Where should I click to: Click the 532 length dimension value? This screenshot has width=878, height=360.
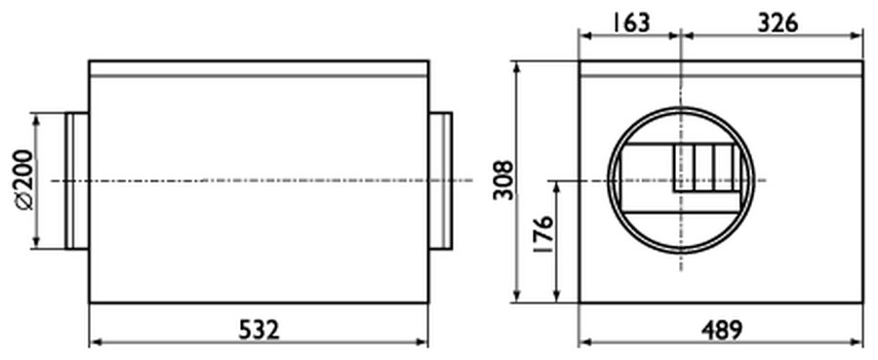[x=259, y=330]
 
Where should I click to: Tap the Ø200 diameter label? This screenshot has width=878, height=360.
[x=23, y=180]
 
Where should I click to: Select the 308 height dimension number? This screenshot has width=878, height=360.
[x=502, y=180]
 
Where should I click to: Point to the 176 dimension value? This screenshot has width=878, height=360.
[x=542, y=234]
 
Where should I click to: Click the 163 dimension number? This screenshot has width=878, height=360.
[x=630, y=23]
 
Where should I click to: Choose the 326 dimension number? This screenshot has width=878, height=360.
[x=778, y=23]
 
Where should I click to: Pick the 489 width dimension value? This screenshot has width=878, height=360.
[x=722, y=330]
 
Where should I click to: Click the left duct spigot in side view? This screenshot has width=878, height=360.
[x=77, y=180]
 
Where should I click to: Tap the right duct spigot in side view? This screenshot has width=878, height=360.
[x=440, y=180]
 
